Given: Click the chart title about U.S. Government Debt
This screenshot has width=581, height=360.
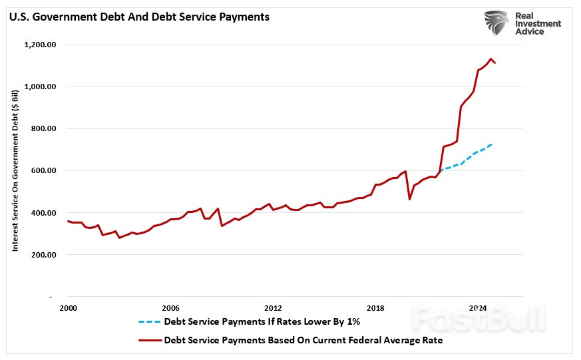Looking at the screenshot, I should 138,17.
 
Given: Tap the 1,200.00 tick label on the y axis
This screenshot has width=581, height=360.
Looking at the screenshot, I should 40,45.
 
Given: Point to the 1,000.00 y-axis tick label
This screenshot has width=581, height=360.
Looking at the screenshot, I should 40,87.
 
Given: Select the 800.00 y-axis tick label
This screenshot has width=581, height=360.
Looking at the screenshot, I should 43,129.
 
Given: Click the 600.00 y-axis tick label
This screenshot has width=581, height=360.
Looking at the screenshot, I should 43,171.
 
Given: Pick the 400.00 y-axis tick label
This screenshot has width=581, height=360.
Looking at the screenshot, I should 43,213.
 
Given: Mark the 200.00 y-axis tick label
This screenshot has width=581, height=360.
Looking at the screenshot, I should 43,255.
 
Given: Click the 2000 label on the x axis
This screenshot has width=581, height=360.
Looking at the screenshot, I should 67,309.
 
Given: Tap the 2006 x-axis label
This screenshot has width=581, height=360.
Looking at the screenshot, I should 170,309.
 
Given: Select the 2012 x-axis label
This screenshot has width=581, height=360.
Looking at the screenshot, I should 273,309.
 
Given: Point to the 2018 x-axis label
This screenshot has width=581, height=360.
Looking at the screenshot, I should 375,309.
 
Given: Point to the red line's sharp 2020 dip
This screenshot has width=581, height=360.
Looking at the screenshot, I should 409,199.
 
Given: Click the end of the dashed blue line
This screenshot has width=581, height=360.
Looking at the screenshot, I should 492,144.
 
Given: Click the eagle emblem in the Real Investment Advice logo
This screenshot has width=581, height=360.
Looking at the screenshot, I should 496,23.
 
